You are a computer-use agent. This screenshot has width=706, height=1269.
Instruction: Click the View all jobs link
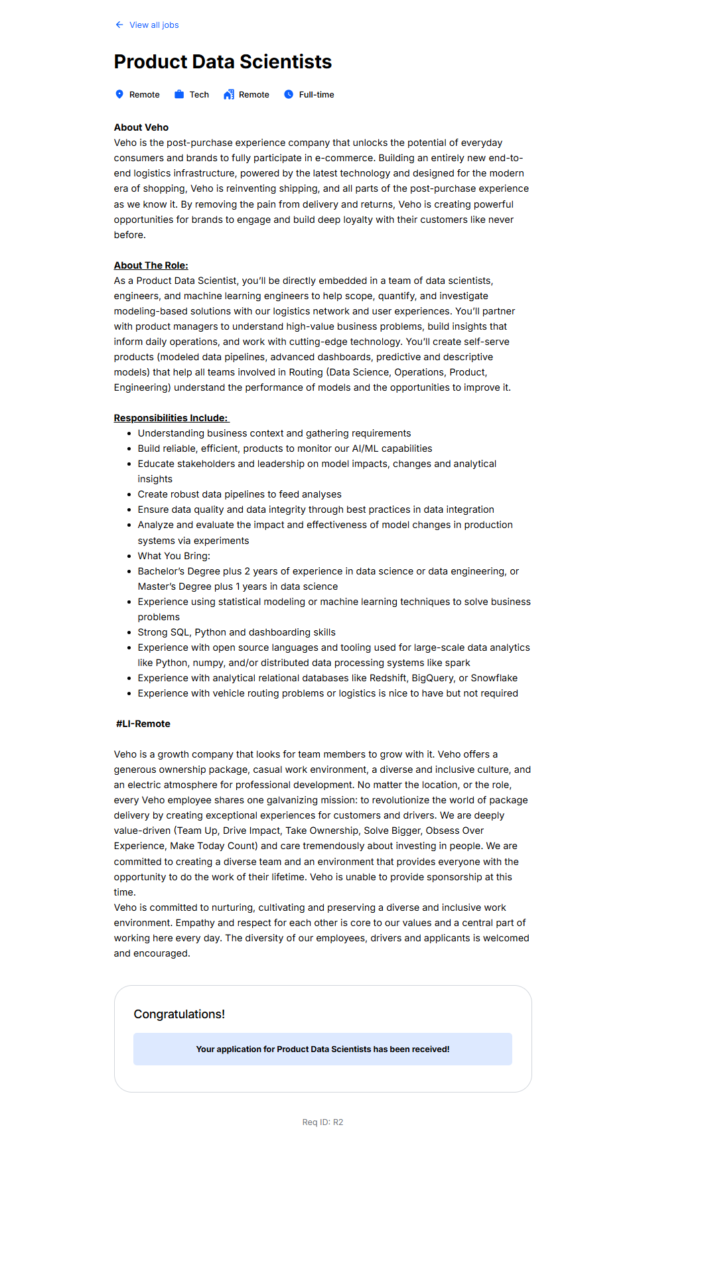[153, 25]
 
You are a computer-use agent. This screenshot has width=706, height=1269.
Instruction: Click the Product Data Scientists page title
[222, 62]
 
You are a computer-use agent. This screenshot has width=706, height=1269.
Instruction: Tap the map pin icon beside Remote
[119, 94]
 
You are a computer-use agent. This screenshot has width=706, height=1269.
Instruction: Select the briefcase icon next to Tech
[179, 94]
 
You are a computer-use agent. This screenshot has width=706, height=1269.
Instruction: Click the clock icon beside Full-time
[289, 94]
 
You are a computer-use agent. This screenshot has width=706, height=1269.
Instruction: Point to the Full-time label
[317, 95]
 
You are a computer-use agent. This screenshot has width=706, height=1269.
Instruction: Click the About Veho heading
[141, 127]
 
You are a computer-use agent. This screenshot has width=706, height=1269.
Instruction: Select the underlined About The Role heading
[151, 265]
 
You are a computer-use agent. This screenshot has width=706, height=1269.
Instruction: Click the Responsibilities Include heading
[171, 418]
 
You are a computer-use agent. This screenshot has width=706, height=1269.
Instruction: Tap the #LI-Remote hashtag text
[143, 724]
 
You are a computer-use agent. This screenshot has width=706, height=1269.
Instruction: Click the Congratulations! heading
[179, 1014]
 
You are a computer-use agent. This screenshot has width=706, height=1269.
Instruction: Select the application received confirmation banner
[322, 1049]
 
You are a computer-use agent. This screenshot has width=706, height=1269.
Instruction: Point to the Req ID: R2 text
[322, 1122]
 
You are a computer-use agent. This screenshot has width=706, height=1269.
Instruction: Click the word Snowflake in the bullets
[494, 678]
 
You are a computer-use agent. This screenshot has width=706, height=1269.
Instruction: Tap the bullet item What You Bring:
[174, 556]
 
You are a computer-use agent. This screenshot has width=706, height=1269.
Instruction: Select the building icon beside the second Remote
[229, 94]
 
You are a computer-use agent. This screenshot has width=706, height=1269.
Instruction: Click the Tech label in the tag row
[199, 95]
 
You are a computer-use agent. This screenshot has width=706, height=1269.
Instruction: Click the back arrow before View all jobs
[119, 25]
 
